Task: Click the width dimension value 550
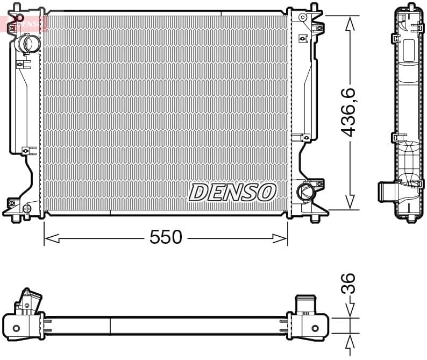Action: coord(166,237)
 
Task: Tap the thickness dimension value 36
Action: coord(349,283)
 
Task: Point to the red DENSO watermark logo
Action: coord(24,23)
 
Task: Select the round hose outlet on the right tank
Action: coord(305,191)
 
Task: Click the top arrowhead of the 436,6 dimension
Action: coord(350,21)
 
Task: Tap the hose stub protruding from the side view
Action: coord(386,191)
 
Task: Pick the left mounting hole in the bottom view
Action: coord(16,328)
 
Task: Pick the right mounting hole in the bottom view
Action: coord(315,328)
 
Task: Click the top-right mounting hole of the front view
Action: coord(302,18)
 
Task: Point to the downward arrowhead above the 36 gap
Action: coord(350,312)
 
